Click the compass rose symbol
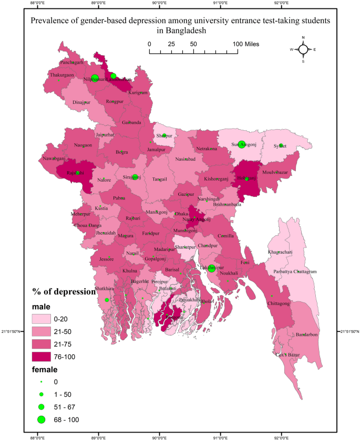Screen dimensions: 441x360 303,49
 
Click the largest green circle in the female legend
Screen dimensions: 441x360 42,419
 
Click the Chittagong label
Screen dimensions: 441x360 279,303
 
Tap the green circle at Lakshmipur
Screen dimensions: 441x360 211,268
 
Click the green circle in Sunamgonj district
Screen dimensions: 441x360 241,144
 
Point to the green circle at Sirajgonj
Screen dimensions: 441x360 135,177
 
